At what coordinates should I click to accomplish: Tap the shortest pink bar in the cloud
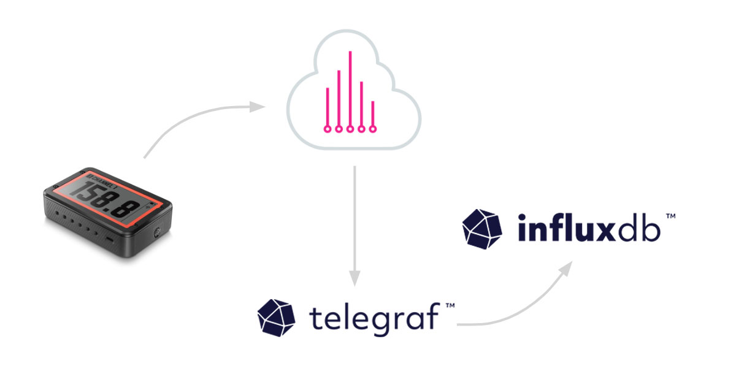tap(373, 113)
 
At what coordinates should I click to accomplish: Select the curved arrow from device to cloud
tap(196, 120)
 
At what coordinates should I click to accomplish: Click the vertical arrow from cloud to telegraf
tap(355, 227)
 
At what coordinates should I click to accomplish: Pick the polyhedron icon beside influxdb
tap(482, 229)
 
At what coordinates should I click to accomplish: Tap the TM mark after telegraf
tap(450, 305)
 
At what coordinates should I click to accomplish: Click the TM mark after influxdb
tap(670, 216)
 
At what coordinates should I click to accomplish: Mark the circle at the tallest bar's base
tap(350, 129)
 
